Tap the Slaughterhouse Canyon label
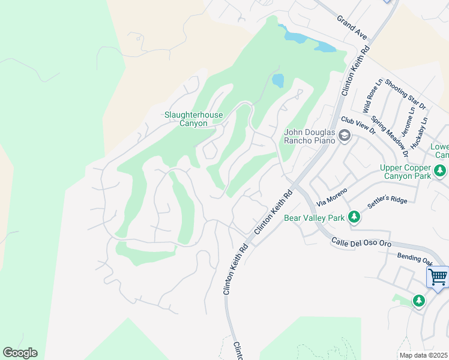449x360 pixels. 193,119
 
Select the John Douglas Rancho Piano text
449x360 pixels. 310,136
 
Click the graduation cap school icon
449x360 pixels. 345,137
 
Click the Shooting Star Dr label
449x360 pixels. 405,94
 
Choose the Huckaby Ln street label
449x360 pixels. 424,129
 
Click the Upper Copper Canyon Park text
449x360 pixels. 405,172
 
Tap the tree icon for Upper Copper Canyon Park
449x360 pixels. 441,172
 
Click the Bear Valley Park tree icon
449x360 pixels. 355,217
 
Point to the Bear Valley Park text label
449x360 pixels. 315,217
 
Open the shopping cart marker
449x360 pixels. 438,277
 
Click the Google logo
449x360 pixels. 20,353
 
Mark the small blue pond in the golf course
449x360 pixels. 278,80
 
